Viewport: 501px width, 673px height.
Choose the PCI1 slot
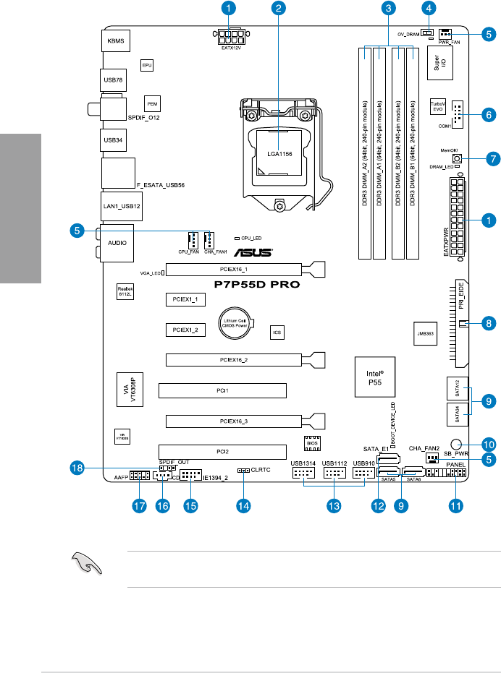click(222, 391)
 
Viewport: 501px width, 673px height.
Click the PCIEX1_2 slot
click(185, 329)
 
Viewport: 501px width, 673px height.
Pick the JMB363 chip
click(426, 334)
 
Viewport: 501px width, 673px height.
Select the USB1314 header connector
click(303, 474)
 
